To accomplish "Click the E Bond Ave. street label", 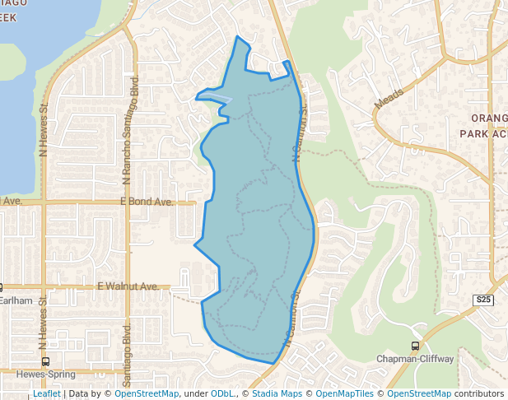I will pyautogui.click(x=147, y=201).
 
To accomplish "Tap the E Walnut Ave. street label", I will pyautogui.click(x=128, y=286).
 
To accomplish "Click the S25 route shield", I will pyautogui.click(x=483, y=300).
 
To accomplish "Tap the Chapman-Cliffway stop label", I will pyautogui.click(x=415, y=359).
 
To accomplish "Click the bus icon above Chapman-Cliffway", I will pyautogui.click(x=415, y=347).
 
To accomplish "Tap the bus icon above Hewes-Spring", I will pyautogui.click(x=44, y=360).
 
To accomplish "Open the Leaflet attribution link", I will pyautogui.click(x=46, y=393).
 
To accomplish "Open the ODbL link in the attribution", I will pyautogui.click(x=222, y=393).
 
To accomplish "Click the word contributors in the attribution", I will pyautogui.click(x=478, y=393).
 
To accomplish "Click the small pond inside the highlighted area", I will pyautogui.click(x=215, y=99).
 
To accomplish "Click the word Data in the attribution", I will pyautogui.click(x=79, y=393).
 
